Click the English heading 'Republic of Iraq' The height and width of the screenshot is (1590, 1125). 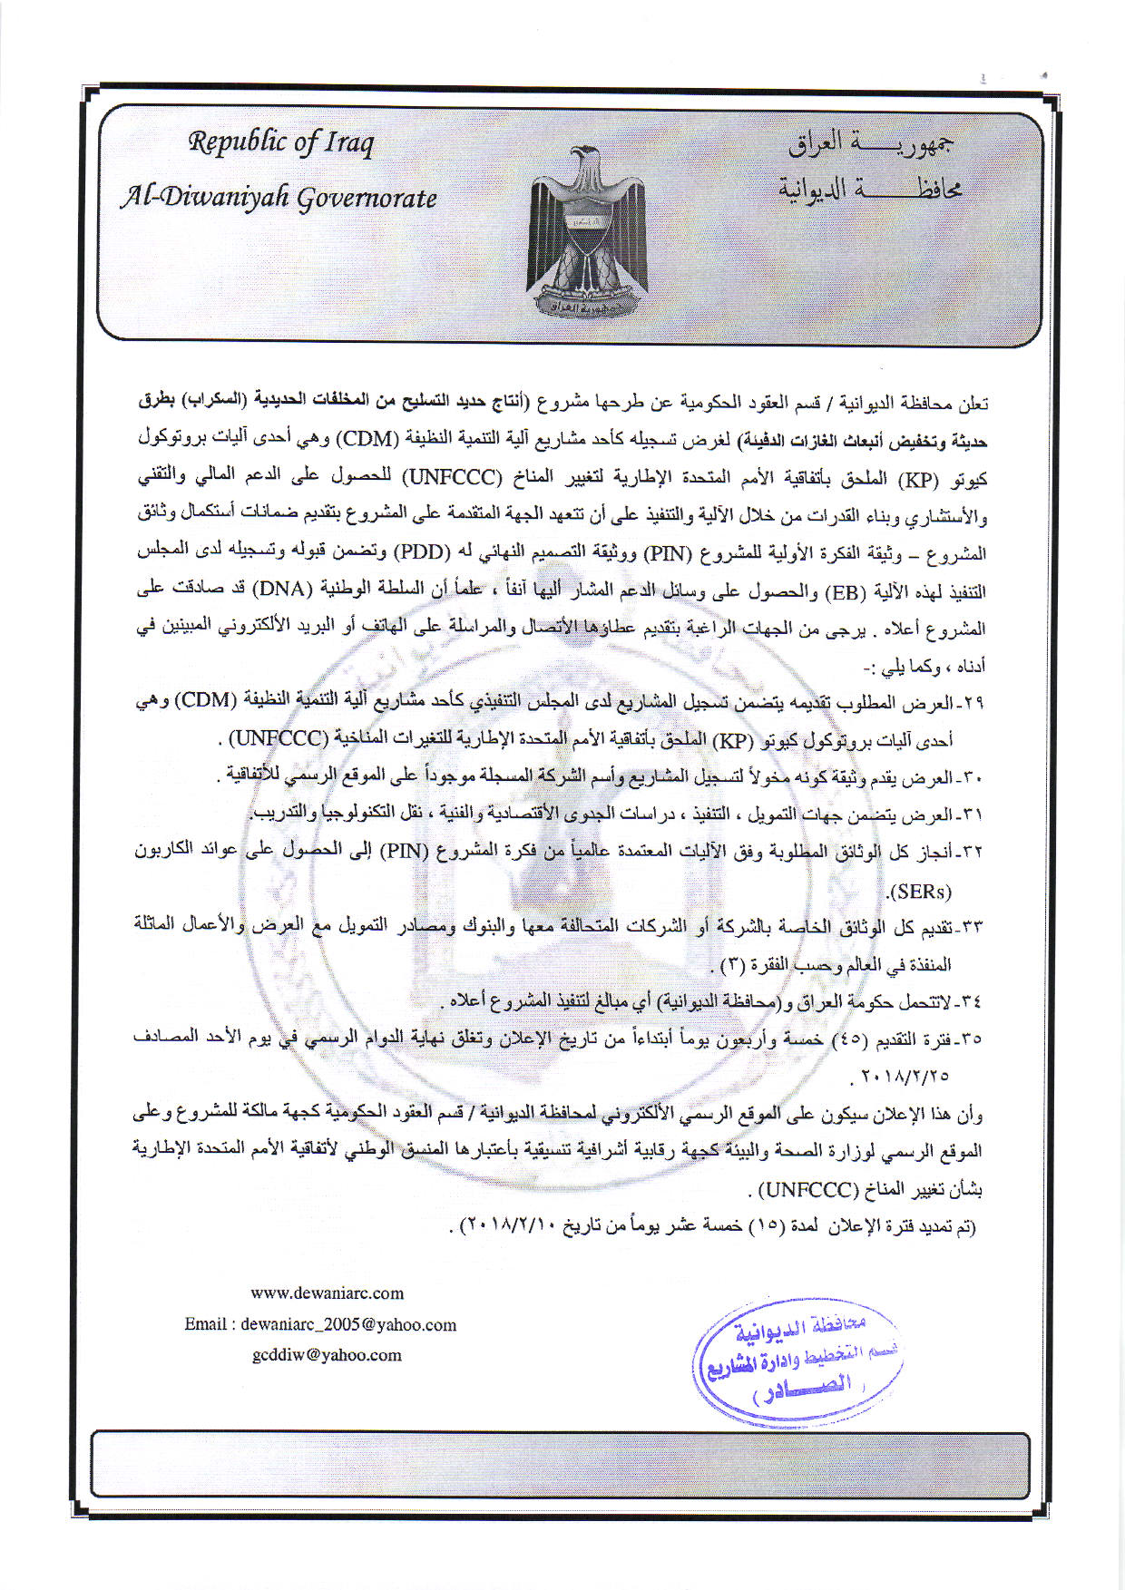pos(280,143)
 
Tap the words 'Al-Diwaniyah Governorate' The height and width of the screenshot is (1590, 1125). pos(279,198)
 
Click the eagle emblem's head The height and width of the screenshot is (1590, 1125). pos(587,158)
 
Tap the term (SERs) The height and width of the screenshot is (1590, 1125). pos(922,891)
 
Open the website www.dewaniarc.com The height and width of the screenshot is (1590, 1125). pos(327,1293)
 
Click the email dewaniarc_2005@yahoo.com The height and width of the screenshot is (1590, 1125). pos(348,1324)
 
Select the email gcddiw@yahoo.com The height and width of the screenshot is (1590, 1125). pos(327,1355)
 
